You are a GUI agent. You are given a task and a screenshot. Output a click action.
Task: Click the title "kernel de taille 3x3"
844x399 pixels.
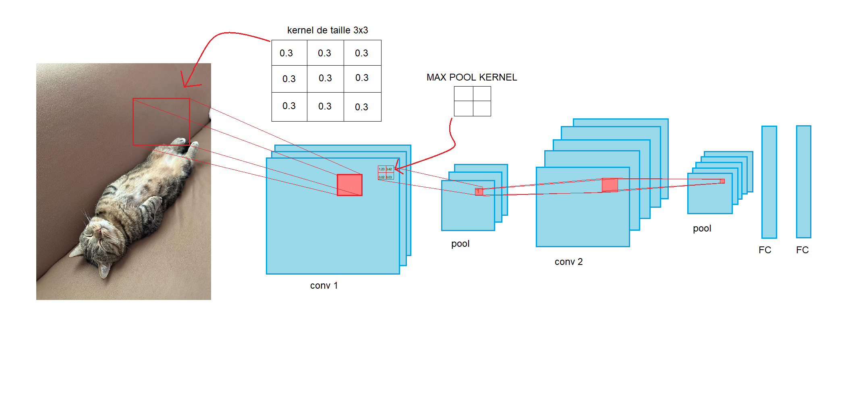coord(327,30)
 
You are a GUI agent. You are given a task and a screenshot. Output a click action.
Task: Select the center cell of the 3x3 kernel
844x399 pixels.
coord(325,78)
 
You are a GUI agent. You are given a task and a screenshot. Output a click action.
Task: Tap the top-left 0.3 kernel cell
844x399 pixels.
coord(286,53)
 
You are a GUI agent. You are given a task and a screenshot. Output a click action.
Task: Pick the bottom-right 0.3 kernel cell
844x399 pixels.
coord(362,107)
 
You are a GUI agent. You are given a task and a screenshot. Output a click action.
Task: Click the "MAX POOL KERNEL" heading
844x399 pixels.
coord(471,77)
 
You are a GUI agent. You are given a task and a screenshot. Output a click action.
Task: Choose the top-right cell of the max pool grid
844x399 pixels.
coord(482,94)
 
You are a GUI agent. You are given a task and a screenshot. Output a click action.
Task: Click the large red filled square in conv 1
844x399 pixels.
coord(349,185)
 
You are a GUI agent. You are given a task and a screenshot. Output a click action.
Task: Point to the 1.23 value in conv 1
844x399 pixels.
coord(382,169)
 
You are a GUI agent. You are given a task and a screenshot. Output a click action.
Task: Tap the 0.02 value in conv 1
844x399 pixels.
coord(382,177)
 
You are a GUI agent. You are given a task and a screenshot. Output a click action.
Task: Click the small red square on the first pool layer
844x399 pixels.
coord(479,192)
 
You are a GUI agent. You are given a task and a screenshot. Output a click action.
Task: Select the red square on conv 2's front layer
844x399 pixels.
coord(610,185)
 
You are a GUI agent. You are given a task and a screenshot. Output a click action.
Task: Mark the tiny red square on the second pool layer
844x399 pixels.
coord(722,181)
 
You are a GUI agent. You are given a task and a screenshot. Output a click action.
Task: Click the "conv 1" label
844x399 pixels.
coord(324,285)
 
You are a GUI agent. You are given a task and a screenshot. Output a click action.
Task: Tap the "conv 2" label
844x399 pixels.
coord(568,262)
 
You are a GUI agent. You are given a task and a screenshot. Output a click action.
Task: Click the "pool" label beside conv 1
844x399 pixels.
coord(460,244)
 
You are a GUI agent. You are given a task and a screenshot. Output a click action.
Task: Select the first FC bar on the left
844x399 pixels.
coord(769,182)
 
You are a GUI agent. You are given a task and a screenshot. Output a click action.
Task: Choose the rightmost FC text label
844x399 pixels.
coord(802,250)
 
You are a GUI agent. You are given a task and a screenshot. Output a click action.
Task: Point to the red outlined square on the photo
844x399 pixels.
coord(161,122)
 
